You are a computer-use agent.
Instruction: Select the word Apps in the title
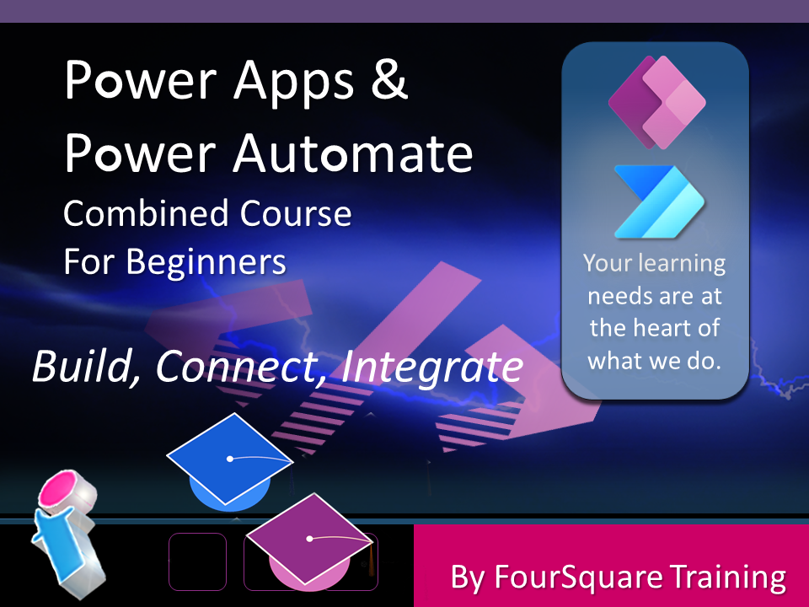[294, 83]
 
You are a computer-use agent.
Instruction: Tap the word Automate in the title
[353, 153]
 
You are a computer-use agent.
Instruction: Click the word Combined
[146, 212]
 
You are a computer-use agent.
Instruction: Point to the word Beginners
[206, 263]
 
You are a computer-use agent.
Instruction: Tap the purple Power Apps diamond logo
[656, 102]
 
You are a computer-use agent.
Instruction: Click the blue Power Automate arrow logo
[659, 201]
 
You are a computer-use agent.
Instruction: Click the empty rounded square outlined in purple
[197, 561]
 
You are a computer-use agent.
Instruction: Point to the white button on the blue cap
[230, 459]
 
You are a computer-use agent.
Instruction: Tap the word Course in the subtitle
[296, 212]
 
